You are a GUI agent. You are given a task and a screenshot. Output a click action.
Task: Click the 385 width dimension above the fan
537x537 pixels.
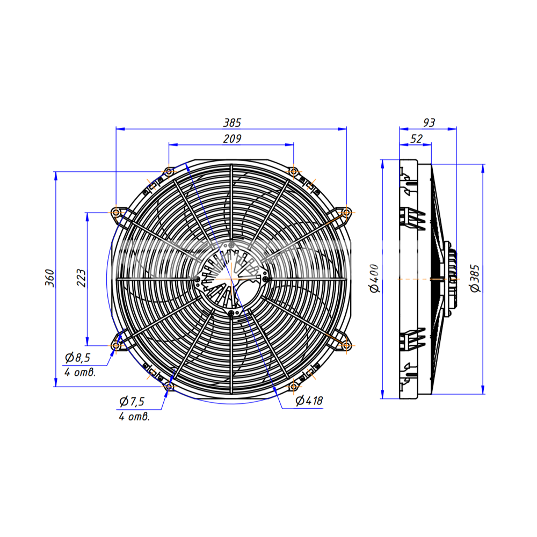tap(232, 122)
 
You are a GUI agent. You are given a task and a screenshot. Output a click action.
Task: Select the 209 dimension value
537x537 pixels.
tap(232, 139)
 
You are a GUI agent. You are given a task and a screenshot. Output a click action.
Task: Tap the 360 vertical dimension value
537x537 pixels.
tap(50, 278)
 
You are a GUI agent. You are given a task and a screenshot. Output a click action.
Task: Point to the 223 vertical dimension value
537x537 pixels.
tap(81, 278)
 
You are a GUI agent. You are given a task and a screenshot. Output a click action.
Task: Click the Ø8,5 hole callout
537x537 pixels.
tap(77, 358)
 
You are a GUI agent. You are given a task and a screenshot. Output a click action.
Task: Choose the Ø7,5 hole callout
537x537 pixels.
tap(132, 401)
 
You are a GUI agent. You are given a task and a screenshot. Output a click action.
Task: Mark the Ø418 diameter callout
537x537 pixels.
tap(309, 401)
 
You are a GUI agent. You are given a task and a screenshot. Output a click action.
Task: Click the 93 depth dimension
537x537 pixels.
tap(429, 122)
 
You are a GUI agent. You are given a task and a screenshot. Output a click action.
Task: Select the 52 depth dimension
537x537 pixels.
tap(416, 139)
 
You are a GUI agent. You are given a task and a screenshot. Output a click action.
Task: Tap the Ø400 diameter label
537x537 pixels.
tap(374, 278)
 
